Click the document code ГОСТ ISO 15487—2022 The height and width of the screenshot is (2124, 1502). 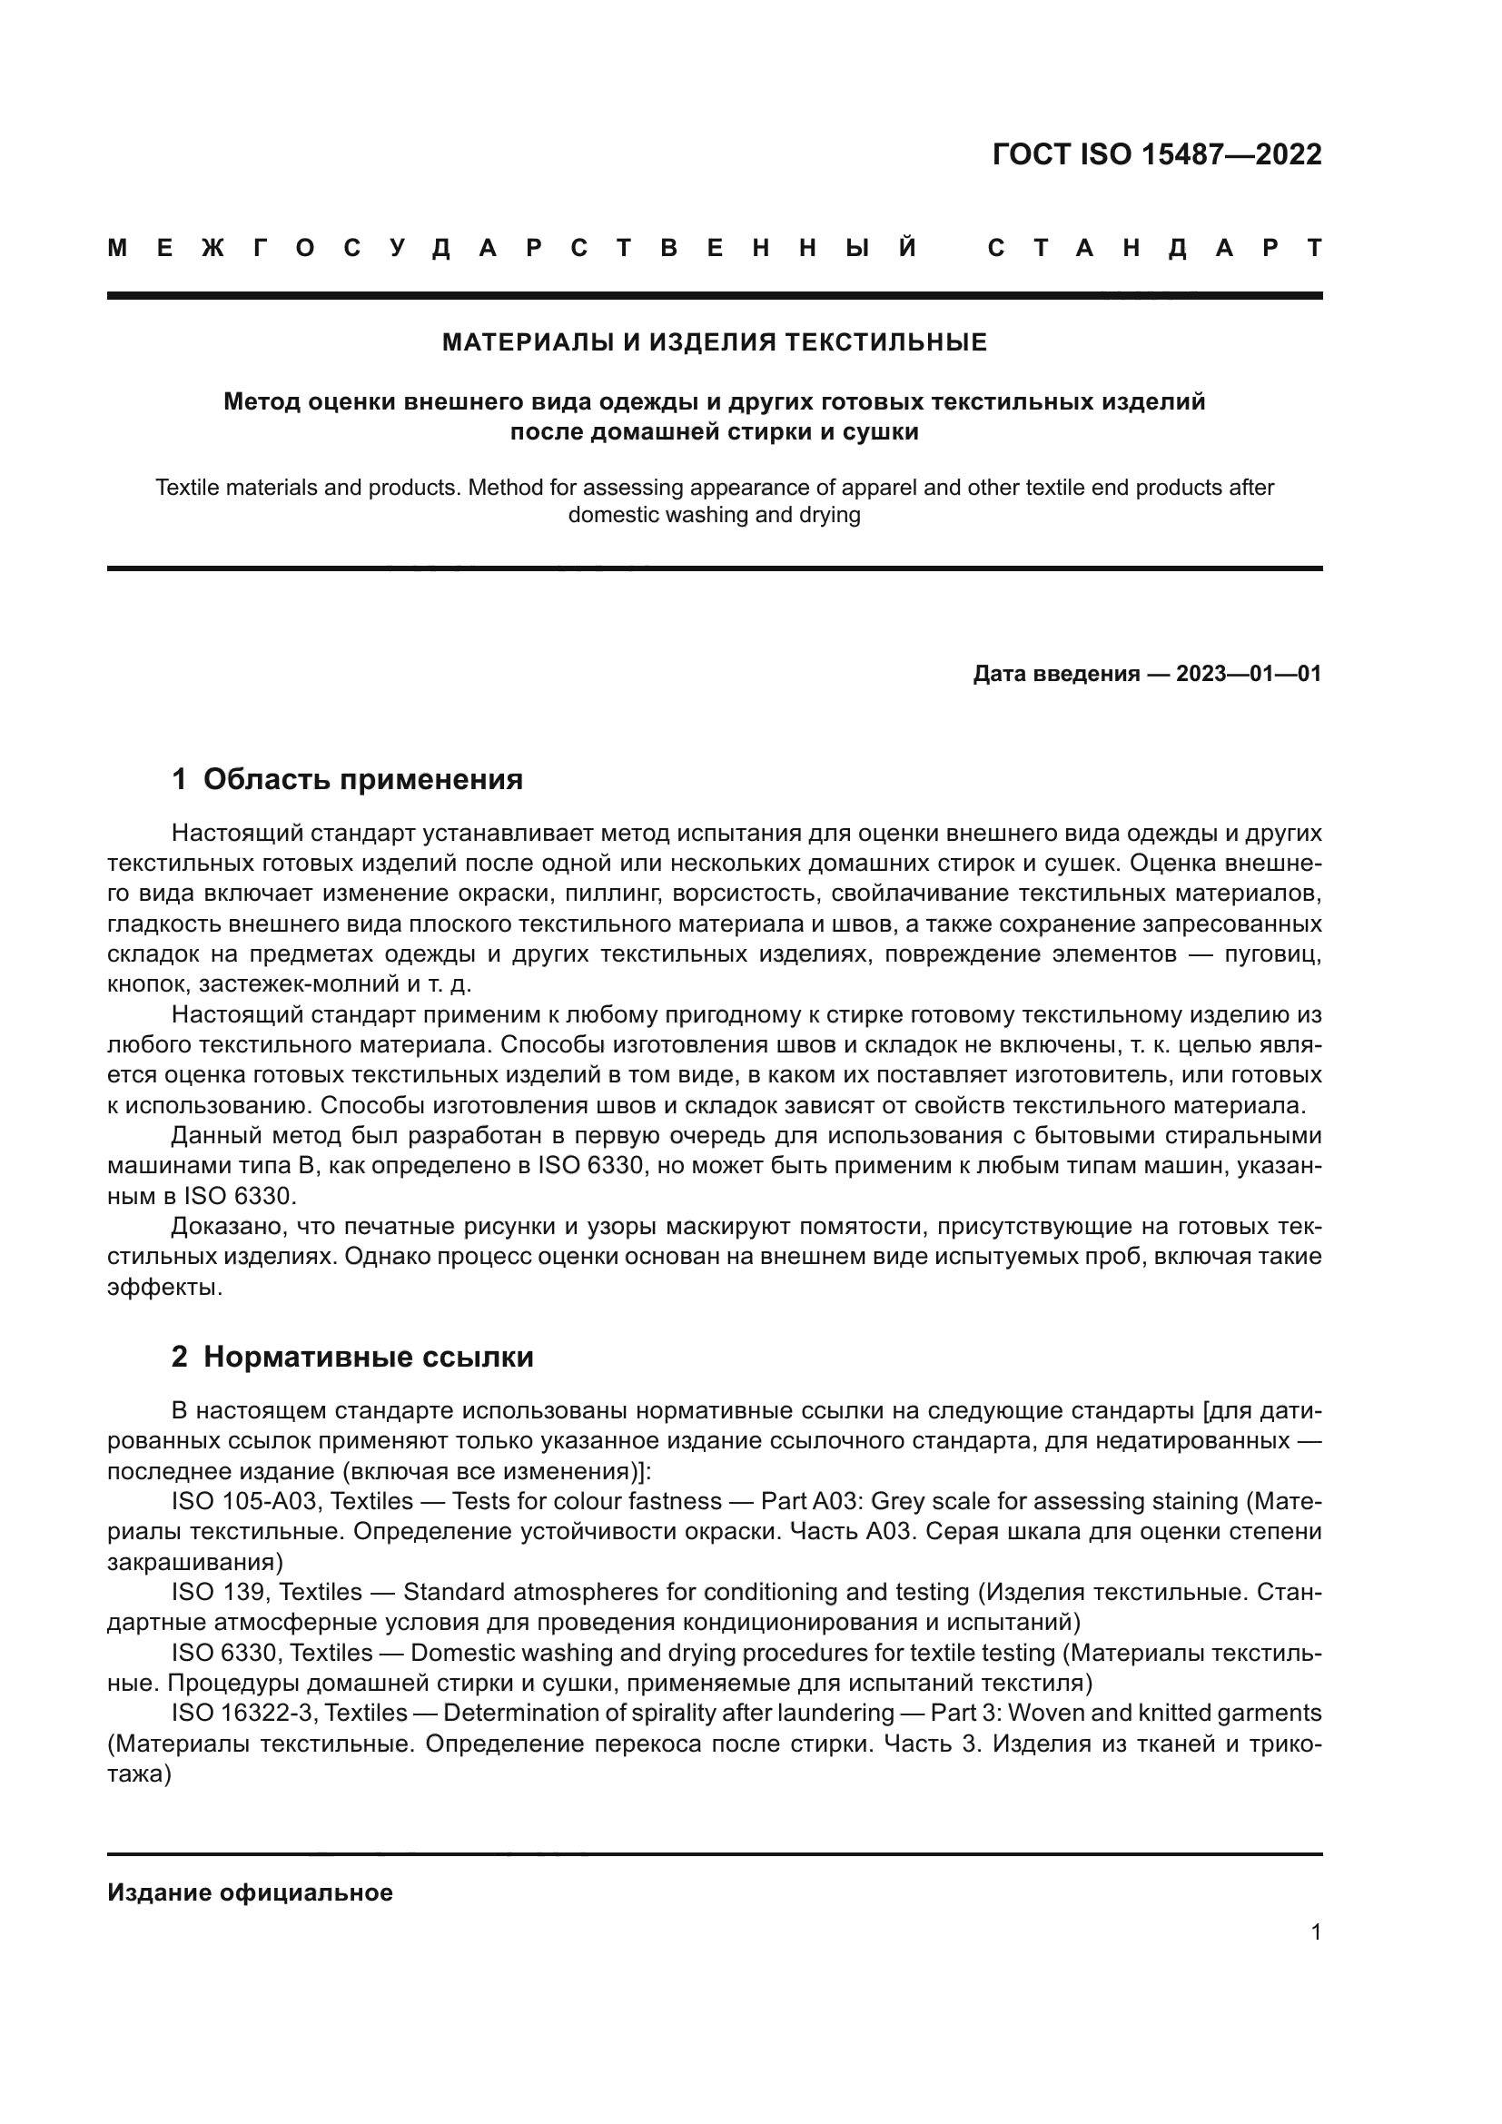[1156, 154]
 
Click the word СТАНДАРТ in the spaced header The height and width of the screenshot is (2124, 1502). [1154, 249]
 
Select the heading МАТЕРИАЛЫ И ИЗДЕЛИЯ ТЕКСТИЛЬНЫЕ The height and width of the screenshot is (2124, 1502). [714, 343]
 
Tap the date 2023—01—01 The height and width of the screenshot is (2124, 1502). [1249, 674]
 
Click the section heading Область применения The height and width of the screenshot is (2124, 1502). [362, 780]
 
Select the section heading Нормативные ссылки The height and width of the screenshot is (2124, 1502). [368, 1357]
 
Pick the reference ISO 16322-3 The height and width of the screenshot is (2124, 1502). [243, 1713]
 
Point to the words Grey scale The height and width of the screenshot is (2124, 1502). [929, 1501]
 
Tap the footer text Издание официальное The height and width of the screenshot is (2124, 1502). [250, 1892]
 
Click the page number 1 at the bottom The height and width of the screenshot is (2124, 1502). [1316, 1932]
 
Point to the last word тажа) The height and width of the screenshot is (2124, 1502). [139, 1773]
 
